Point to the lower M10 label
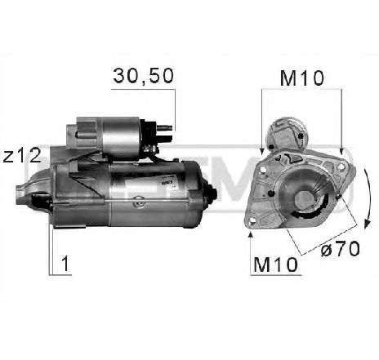pyautogui.click(x=272, y=264)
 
